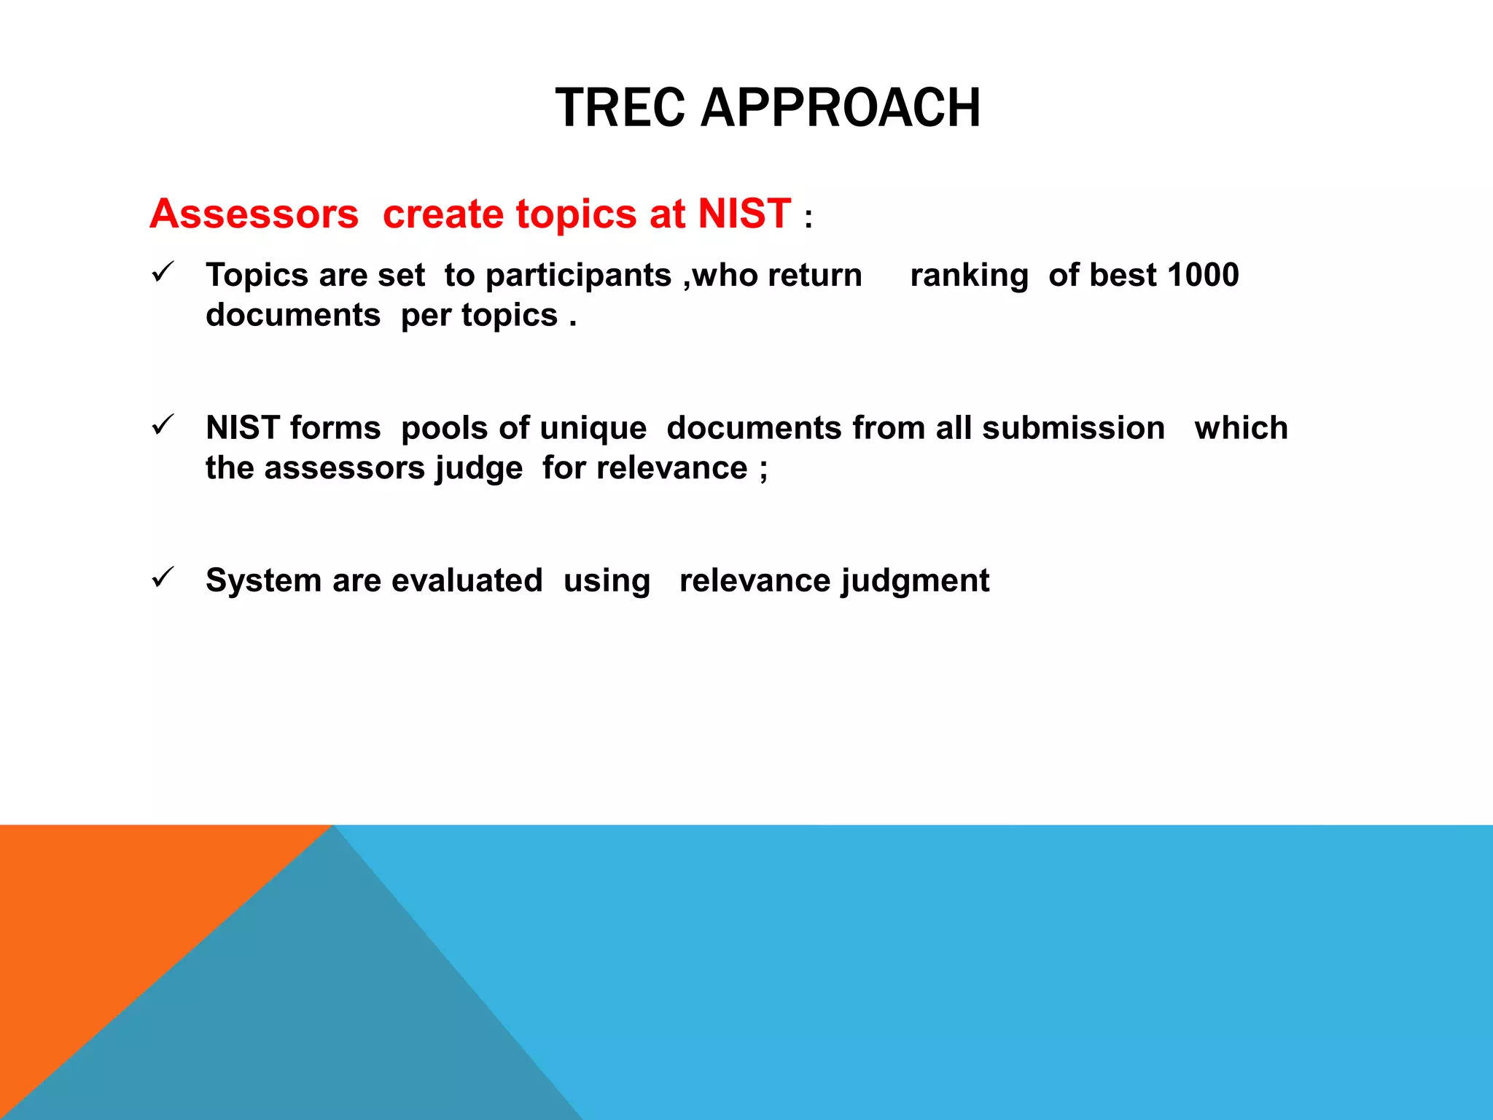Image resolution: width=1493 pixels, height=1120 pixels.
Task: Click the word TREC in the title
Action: coord(620,108)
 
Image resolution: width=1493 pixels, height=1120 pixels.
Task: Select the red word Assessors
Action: coord(254,214)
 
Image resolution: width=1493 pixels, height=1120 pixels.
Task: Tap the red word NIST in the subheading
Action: coord(744,214)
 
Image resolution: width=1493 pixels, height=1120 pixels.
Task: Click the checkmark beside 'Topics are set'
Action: coord(162,273)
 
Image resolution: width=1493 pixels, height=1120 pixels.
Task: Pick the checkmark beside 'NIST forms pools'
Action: coord(162,425)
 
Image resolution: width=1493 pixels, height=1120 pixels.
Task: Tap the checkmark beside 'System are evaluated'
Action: coord(162,577)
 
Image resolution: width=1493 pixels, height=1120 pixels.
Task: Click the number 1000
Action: coord(1203,275)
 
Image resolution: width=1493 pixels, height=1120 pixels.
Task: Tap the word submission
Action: coord(1073,427)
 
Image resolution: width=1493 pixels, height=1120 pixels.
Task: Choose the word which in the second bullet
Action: coord(1241,427)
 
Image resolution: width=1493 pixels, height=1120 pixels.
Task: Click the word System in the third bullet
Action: coord(263,581)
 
